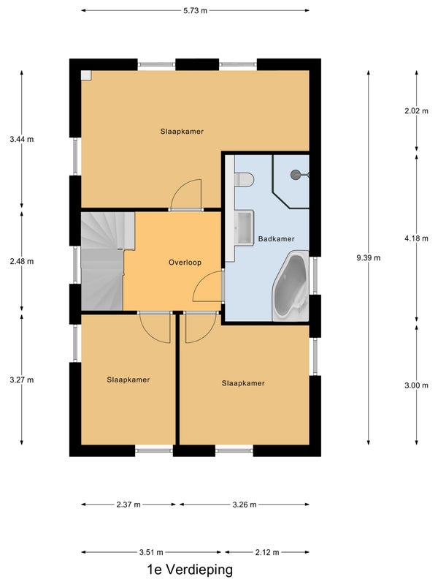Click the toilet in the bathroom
pyautogui.click(x=245, y=179)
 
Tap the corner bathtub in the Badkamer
pyautogui.click(x=291, y=286)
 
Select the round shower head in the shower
pyautogui.click(x=296, y=174)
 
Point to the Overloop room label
pyautogui.click(x=185, y=263)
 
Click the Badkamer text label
pyautogui.click(x=277, y=239)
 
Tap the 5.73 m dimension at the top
pyautogui.click(x=195, y=10)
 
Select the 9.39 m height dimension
pyautogui.click(x=369, y=257)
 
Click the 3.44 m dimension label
pyautogui.click(x=22, y=139)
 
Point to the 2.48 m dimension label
pyautogui.click(x=22, y=261)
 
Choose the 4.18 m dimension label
pyautogui.click(x=416, y=238)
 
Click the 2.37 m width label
pyautogui.click(x=128, y=505)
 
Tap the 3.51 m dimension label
pyautogui.click(x=151, y=552)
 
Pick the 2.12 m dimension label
pyautogui.click(x=267, y=552)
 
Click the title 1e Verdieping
pyautogui.click(x=190, y=570)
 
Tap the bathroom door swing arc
pyautogui.click(x=204, y=281)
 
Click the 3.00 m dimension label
pyautogui.click(x=416, y=385)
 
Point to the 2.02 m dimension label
pyautogui.click(x=416, y=111)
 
